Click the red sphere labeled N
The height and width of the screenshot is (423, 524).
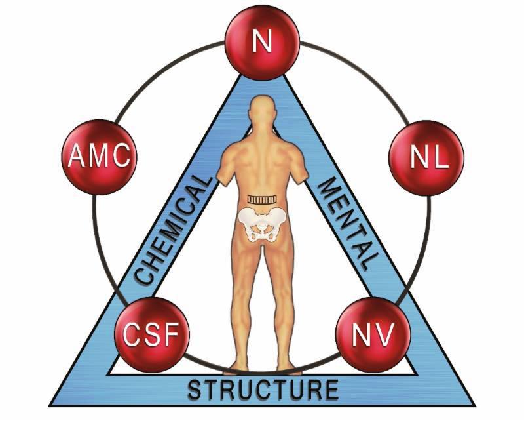tap(263, 43)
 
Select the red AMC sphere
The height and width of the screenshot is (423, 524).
tap(100, 157)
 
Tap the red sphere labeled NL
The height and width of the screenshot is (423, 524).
tap(426, 158)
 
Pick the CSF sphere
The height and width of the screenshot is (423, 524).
tap(152, 334)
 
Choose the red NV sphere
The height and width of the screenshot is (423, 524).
tap(373, 334)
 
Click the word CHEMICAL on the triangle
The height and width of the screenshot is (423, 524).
tap(173, 230)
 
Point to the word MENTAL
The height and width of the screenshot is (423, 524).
tap(348, 223)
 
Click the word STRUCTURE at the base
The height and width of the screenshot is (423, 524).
tap(263, 389)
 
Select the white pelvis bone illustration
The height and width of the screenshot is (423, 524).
tap(262, 223)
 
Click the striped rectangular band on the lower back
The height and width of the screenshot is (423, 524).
tap(262, 199)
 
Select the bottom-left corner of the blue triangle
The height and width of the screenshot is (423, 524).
tap(49, 406)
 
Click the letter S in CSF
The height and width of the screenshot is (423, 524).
tap(152, 334)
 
